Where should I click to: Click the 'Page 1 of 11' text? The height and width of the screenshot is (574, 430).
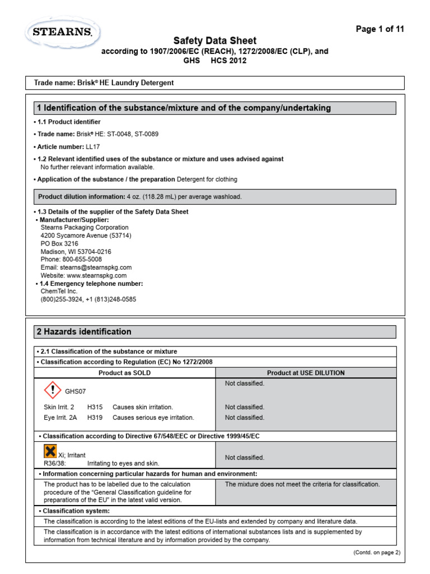click(x=380, y=29)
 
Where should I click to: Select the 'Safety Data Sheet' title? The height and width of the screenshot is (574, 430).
click(x=214, y=40)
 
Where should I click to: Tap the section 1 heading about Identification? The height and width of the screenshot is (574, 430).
click(x=183, y=108)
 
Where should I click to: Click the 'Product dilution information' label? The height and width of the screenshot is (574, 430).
click(x=81, y=197)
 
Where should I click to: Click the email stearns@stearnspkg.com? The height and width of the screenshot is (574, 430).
click(x=86, y=267)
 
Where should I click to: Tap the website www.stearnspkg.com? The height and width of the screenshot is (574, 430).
click(x=83, y=275)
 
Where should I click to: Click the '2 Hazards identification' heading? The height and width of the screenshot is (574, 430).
click(x=84, y=332)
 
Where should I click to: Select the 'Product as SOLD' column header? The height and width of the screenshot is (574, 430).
click(x=125, y=373)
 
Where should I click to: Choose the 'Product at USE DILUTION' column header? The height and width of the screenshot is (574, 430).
click(x=306, y=373)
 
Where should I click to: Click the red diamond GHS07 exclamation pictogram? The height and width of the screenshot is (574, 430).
click(x=52, y=389)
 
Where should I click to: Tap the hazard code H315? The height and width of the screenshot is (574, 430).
click(x=95, y=408)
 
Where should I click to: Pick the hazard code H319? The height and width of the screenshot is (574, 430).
click(x=95, y=418)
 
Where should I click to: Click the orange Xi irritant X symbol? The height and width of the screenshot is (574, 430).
click(x=50, y=451)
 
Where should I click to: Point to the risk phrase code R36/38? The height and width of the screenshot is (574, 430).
click(x=54, y=464)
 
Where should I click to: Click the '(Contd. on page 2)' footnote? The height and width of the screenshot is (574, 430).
click(x=376, y=552)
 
